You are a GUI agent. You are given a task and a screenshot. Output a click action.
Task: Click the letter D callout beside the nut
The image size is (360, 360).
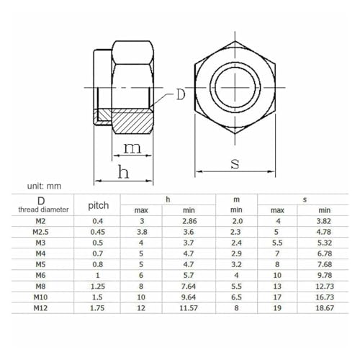coord(181,94)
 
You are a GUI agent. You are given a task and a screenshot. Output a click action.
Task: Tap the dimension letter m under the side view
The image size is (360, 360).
coord(132,148)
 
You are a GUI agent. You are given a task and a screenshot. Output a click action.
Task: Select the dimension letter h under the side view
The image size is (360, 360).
coord(123,171)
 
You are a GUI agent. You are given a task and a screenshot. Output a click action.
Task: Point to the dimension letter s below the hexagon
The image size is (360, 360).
coord(235,164)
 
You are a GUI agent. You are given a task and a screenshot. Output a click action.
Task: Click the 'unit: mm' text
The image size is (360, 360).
coord(44,186)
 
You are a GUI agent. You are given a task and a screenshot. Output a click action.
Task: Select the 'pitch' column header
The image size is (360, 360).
coord(99,206)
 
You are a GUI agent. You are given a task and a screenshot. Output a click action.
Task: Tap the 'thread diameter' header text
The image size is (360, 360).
coord(43,210)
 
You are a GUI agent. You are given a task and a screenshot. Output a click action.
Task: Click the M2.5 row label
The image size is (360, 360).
coord(40,232)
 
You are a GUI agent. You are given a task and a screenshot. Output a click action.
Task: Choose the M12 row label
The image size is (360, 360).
coord(40,308)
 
